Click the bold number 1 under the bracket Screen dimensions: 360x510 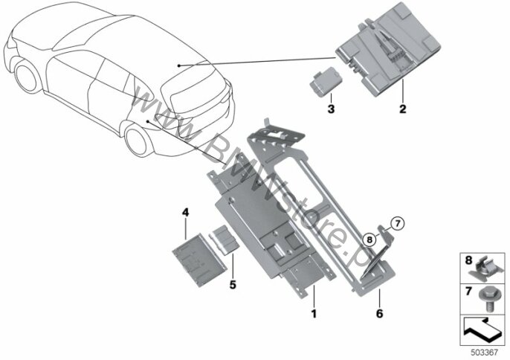tap(314, 315)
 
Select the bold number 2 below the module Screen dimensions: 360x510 tap(402, 109)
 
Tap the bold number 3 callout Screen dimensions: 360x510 tap(332, 109)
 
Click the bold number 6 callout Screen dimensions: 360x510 tap(379, 315)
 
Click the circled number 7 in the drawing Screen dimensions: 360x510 tap(396, 222)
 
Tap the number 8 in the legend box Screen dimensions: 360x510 tap(468, 260)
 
